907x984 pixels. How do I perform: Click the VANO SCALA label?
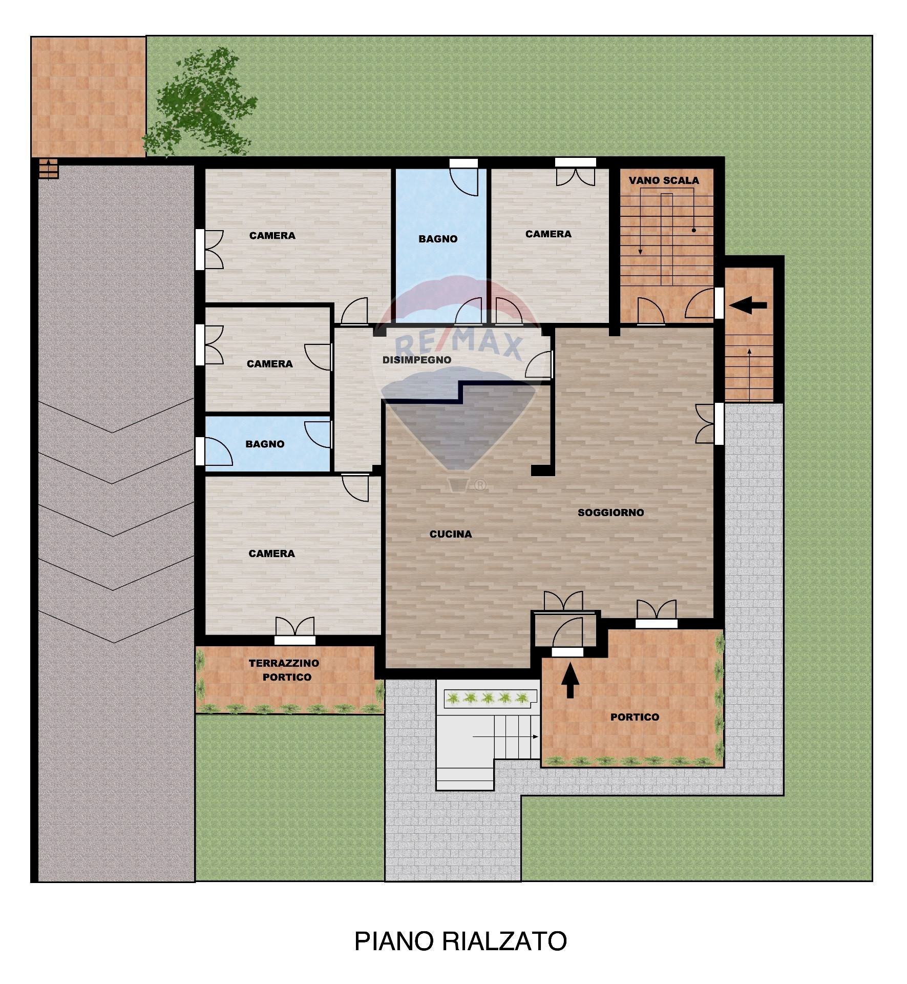(663, 180)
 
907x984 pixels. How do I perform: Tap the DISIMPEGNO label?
(416, 360)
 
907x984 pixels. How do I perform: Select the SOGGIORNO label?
(610, 512)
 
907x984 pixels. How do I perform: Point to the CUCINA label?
(450, 534)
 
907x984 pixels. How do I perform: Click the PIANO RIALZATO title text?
(460, 941)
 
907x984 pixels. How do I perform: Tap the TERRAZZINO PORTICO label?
(284, 670)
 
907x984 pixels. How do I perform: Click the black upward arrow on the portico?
(569, 683)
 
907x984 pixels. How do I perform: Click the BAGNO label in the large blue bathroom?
(437, 239)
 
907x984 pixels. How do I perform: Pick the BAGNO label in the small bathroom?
(264, 444)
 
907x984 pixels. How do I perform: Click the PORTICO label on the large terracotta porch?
(634, 717)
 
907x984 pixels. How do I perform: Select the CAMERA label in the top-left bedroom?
(272, 236)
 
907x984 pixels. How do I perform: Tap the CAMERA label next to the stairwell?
(548, 234)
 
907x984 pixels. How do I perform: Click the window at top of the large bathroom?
(463, 163)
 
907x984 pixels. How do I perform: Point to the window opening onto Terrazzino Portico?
(294, 640)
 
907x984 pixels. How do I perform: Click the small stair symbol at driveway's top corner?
(48, 169)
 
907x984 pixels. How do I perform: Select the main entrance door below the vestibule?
(567, 651)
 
